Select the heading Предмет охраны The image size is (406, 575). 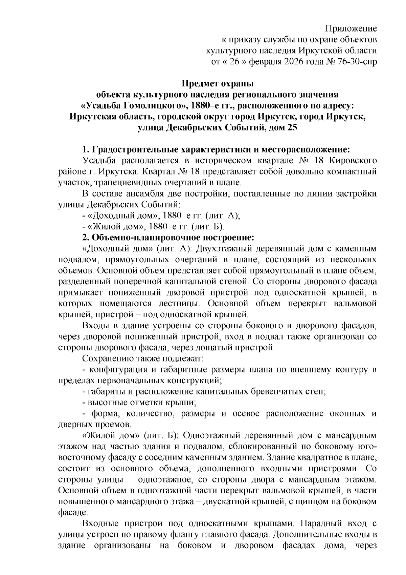[218, 83]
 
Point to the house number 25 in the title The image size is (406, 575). [292, 128]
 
